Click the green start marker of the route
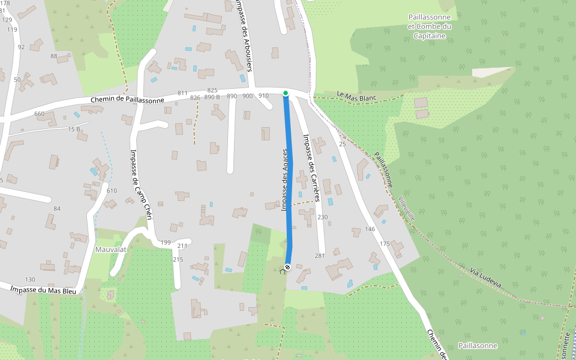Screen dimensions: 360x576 click(x=286, y=93)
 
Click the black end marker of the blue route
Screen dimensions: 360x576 click(x=287, y=266)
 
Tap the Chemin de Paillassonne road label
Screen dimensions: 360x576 click(x=127, y=100)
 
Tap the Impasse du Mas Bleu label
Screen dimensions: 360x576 click(x=43, y=290)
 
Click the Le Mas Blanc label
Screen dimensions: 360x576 click(x=356, y=95)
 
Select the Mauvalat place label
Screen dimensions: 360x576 click(x=109, y=249)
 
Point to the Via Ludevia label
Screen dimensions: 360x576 click(x=485, y=278)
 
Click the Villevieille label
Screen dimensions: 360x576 click(x=406, y=207)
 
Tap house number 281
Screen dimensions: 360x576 click(x=319, y=256)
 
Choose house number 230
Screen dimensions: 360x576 click(x=323, y=217)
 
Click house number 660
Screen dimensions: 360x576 click(x=40, y=114)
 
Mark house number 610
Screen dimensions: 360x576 click(x=112, y=191)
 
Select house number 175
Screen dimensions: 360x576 click(x=385, y=244)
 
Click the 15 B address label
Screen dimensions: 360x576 click(x=74, y=129)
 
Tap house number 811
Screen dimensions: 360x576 click(x=182, y=93)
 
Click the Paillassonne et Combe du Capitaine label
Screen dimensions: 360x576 click(x=430, y=26)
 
